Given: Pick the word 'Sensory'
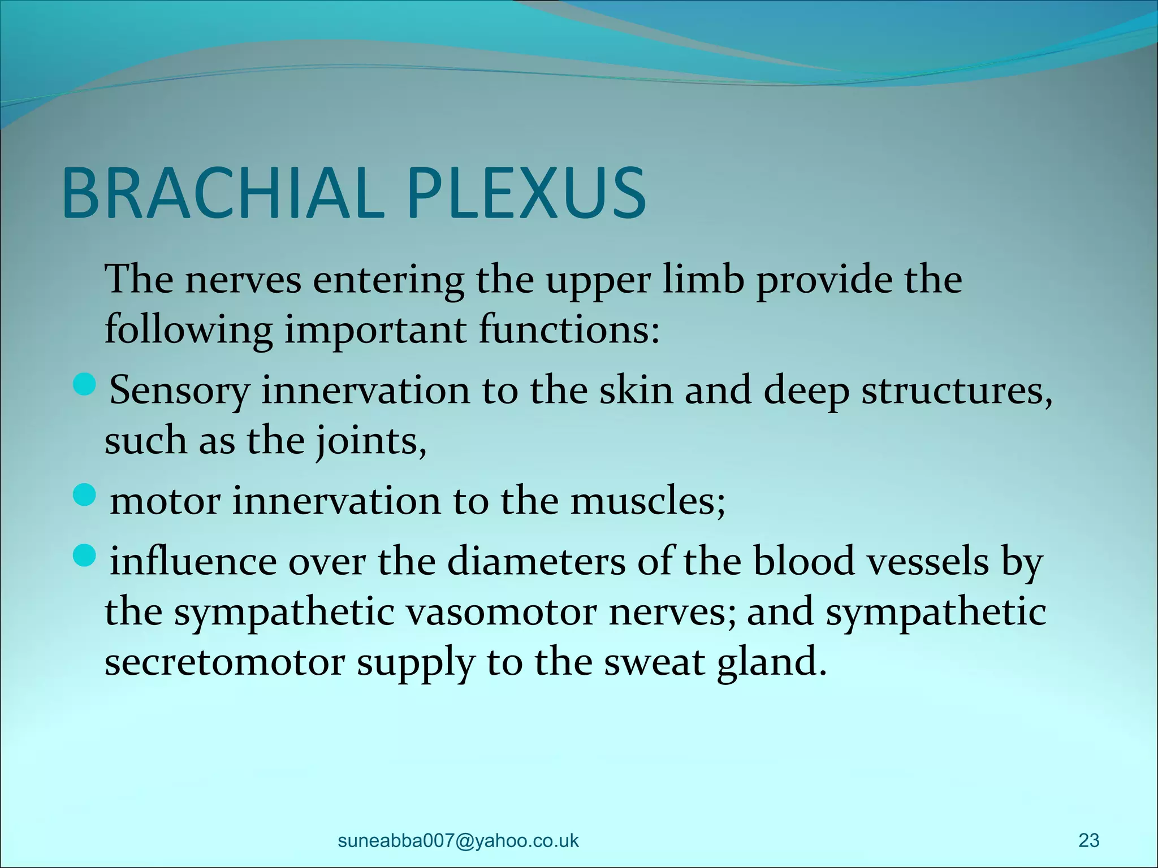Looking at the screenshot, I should [179, 392].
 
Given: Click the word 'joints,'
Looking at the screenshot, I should [371, 441].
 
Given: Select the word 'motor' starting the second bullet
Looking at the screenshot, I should [165, 501].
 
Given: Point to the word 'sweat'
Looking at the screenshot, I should [654, 662].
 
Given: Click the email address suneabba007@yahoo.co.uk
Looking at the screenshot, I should [458, 840].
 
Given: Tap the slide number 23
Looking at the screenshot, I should [1088, 840].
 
